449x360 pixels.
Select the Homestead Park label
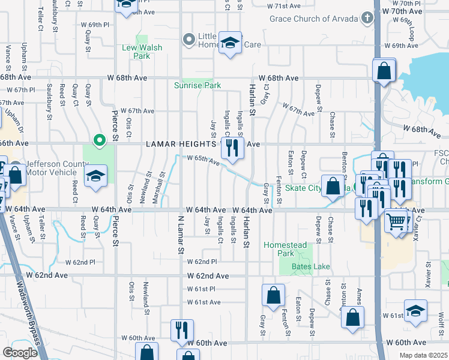point(286,250)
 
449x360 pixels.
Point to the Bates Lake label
point(310,266)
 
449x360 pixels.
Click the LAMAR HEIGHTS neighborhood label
point(181,145)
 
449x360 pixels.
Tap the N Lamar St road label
point(179,234)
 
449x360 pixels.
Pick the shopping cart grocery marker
point(396,220)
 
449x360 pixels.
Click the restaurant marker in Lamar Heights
point(232,148)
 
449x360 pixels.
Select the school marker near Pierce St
point(95,177)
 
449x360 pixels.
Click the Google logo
point(20,353)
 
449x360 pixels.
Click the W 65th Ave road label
point(202,159)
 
